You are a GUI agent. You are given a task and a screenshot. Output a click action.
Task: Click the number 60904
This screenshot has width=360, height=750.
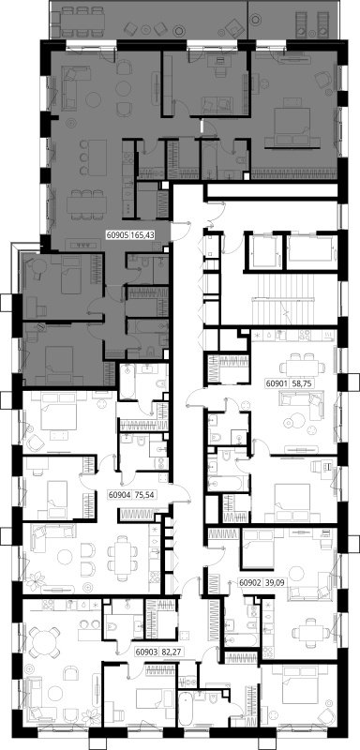tap(118, 495)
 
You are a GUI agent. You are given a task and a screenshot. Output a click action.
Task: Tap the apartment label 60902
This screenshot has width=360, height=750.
tap(248, 583)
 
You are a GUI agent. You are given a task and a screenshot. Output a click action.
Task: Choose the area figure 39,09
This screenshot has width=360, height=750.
tap(268, 583)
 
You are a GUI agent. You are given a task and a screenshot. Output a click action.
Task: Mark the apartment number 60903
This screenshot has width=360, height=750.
tap(145, 651)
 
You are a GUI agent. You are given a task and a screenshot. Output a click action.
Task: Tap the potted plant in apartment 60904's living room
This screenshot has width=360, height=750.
tap(35, 581)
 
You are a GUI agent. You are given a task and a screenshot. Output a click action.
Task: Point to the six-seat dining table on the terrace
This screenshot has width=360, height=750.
tap(82, 21)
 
